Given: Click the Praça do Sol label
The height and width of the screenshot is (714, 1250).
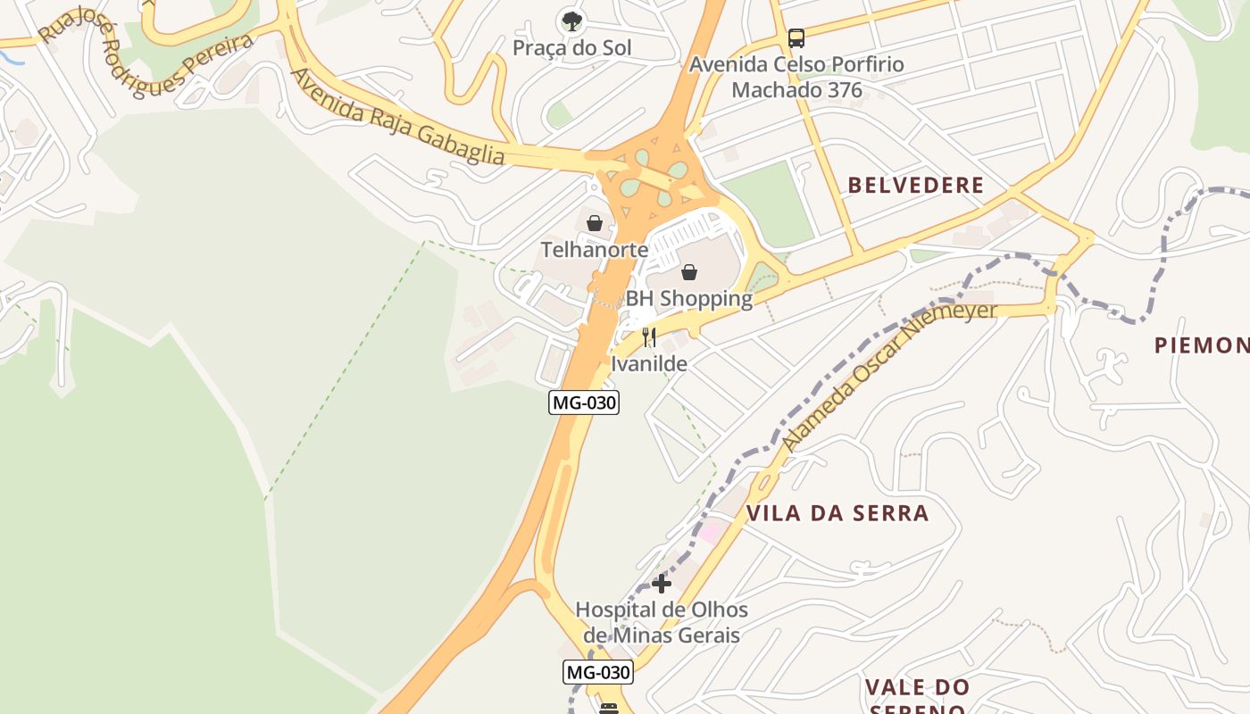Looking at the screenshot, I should (571, 48).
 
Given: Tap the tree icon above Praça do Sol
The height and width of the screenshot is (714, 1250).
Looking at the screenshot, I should (571, 20).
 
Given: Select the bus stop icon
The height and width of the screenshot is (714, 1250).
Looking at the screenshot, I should (796, 38).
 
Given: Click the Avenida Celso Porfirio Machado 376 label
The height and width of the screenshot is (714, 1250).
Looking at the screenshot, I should (796, 78).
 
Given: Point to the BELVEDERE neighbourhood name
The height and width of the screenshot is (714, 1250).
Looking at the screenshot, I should (915, 186).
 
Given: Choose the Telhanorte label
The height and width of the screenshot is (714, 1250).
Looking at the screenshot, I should (595, 250).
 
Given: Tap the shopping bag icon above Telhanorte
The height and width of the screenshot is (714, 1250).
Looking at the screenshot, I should (595, 223).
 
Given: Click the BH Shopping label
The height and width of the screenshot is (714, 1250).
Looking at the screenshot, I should (688, 299).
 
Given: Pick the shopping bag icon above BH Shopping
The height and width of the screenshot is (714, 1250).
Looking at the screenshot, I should (689, 272).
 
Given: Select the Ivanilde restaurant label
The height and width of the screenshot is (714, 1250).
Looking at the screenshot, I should (649, 364).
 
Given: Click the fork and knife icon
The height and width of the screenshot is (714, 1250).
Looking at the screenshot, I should (649, 337).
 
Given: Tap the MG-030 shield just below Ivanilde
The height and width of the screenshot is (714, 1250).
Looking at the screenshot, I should (584, 403).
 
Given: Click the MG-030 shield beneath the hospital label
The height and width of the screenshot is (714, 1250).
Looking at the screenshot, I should (597, 672).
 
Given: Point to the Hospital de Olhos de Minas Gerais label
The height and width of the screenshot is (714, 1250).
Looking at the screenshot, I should (662, 623).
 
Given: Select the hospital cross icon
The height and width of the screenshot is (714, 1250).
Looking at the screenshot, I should (662, 585).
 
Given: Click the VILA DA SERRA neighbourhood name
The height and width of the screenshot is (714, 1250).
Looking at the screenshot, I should (837, 513).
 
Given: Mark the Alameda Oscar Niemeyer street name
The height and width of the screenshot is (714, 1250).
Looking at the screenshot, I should (888, 376).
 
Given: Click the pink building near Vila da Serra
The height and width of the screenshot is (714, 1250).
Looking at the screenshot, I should (712, 533).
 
